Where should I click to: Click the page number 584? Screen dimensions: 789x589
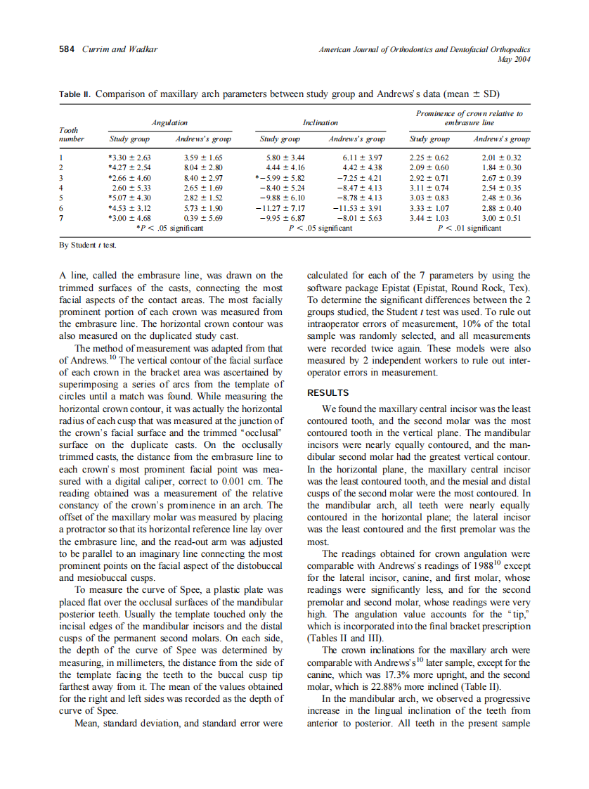tap(67, 49)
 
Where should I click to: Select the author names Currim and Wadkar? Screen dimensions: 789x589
tap(120, 49)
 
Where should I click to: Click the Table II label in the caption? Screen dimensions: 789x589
tap(75, 94)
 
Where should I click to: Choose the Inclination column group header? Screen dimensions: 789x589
tap(320, 123)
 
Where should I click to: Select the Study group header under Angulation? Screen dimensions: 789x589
tap(129, 139)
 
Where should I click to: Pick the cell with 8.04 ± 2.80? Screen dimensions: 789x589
tap(203, 168)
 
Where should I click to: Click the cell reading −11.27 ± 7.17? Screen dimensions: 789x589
tap(280, 208)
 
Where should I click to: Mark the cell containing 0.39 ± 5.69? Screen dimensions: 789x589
tap(203, 219)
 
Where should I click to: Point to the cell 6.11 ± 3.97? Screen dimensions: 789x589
tap(361, 158)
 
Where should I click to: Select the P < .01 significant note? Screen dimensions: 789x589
tap(469, 229)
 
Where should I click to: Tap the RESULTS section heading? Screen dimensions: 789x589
tap(328, 393)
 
